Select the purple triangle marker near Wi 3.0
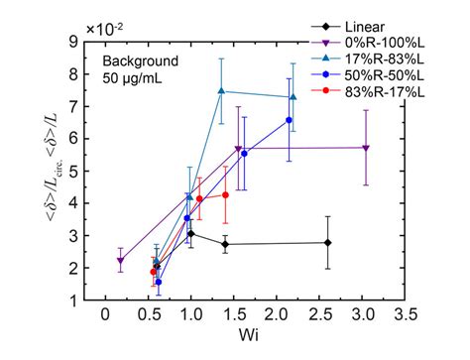point(367,148)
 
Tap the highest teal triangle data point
point(221,91)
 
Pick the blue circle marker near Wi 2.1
point(289,120)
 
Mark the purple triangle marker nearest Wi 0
point(120,261)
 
